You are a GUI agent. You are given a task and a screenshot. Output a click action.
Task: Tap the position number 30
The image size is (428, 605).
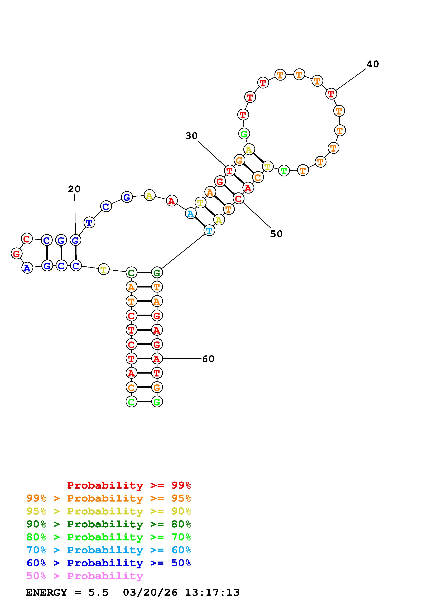191,136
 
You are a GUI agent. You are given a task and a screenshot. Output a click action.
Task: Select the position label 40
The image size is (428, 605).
373,64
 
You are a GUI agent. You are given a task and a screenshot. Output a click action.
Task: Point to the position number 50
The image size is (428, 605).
276,234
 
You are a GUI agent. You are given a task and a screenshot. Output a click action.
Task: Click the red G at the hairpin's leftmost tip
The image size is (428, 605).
16,254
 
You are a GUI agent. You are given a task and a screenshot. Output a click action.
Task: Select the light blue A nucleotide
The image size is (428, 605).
190,214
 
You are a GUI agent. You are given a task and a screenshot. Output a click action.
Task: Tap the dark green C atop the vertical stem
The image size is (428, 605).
131,272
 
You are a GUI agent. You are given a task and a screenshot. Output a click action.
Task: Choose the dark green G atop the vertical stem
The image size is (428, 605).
157,272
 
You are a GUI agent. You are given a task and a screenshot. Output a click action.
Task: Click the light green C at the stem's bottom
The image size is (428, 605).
131,402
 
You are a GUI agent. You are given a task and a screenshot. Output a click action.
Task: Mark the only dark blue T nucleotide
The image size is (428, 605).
89,223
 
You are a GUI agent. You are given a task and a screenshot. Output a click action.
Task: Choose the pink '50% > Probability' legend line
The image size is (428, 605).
85,576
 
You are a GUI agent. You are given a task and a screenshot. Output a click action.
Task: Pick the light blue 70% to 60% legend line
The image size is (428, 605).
109,550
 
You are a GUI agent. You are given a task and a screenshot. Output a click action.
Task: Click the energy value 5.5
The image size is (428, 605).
98,593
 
